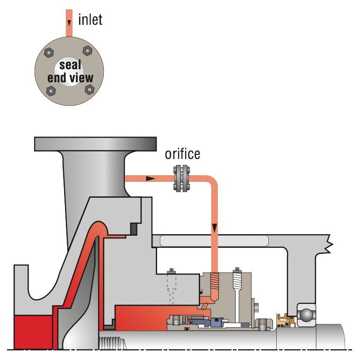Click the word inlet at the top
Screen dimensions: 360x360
[90, 20]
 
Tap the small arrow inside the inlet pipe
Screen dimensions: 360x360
[69, 22]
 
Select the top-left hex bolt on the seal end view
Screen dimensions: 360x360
[49, 52]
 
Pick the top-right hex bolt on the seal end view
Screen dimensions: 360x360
[87, 50]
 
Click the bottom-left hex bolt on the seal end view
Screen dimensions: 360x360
[51, 91]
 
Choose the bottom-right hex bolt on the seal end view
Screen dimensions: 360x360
[90, 89]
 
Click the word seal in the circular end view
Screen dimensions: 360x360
[70, 65]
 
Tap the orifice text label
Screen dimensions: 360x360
[182, 154]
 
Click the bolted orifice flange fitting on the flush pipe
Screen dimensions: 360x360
[181, 178]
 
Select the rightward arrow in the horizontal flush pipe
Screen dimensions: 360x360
[151, 179]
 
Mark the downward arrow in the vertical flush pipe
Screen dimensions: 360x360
[215, 228]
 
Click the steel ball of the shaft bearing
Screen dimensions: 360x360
[307, 315]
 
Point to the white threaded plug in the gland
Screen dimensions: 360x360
[237, 279]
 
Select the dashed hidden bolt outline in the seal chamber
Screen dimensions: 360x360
[172, 287]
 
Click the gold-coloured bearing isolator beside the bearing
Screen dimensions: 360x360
[285, 321]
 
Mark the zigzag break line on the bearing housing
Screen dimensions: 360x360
[330, 244]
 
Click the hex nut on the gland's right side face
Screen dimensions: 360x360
[256, 306]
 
